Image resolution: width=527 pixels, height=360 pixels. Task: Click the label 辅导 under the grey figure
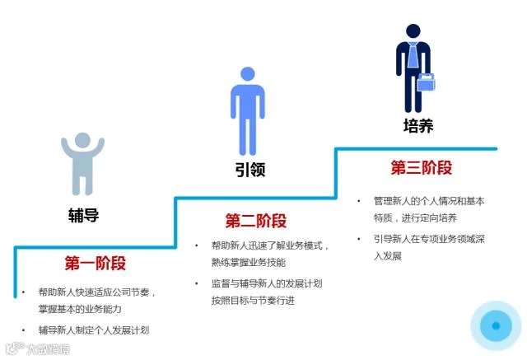pos(83,216)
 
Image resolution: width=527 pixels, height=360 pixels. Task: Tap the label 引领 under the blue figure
pos(250,171)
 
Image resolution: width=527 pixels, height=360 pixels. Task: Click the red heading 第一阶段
pos(96,264)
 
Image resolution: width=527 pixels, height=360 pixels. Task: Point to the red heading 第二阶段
pos(256,221)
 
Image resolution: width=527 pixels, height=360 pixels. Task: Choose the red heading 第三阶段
pos(422,168)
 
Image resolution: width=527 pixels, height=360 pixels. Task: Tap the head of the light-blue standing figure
pos(249,75)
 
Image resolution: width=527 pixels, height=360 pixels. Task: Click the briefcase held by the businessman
pos(426,82)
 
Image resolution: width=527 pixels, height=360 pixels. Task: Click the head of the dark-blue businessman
pos(413,29)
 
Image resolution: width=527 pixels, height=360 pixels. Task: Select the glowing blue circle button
pos(496,326)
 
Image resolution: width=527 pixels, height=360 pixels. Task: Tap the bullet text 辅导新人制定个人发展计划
pos(94,330)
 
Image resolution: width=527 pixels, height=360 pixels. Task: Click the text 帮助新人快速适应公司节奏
pos(97,292)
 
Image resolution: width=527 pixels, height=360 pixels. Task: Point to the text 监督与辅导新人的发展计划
pos(266,283)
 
